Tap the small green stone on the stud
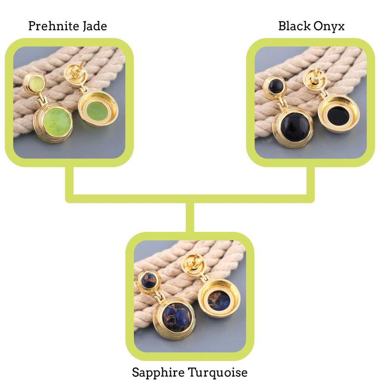(34, 82)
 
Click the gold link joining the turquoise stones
(160, 296)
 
